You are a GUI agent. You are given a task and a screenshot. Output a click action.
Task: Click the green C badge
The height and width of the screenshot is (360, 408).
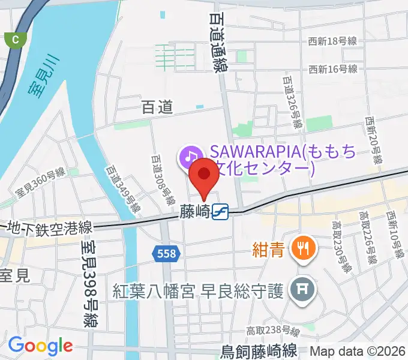14,40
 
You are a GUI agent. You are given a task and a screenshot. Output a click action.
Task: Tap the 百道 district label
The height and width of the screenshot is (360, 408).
157,107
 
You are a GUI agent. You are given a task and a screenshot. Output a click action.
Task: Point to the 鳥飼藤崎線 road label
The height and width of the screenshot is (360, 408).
259,350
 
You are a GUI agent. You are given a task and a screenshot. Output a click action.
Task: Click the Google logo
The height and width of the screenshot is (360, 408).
40,346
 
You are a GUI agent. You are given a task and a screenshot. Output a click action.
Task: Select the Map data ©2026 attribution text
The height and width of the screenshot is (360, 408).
358,351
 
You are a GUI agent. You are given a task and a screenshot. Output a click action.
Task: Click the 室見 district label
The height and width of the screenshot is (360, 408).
14,275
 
